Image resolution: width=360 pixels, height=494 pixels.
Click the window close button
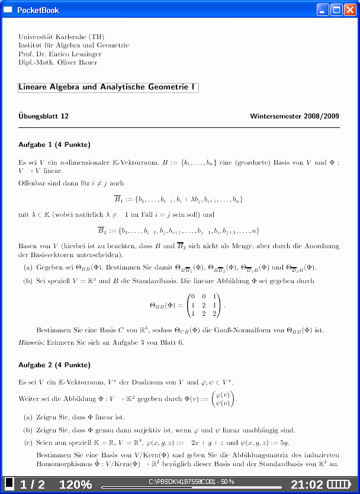[x=351, y=9]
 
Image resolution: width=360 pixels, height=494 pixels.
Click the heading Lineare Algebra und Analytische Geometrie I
[x=107, y=87]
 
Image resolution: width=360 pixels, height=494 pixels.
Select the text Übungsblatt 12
[x=44, y=116]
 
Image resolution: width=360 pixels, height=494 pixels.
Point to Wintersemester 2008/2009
[x=294, y=116]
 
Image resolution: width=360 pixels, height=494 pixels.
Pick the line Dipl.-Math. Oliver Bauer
[x=58, y=62]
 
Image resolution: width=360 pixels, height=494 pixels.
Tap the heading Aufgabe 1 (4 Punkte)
[x=54, y=145]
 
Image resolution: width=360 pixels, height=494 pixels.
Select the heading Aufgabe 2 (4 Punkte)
[x=54, y=365]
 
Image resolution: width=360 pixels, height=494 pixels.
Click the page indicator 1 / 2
[x=33, y=484]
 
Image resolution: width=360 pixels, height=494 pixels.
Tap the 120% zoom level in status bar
[x=75, y=484]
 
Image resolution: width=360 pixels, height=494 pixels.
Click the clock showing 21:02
[x=307, y=484]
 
